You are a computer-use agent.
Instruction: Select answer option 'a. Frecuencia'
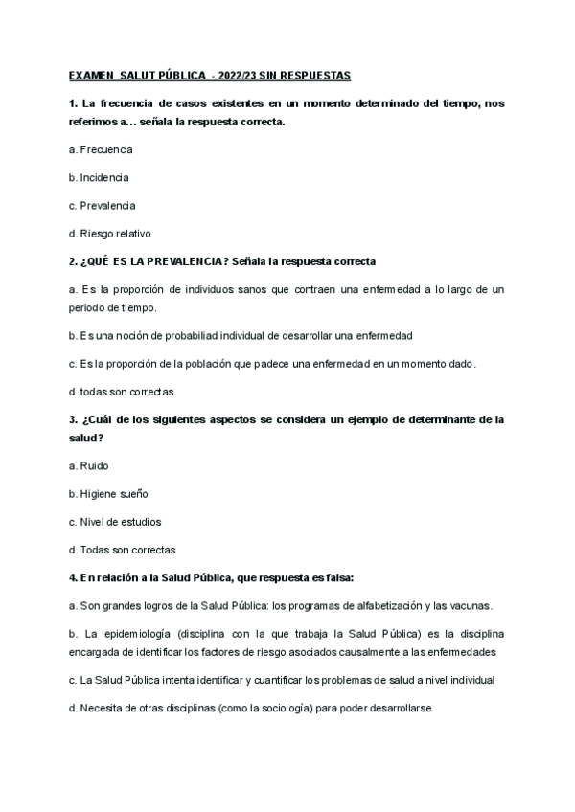(x=101, y=150)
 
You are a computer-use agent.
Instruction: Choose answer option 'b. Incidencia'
(x=99, y=177)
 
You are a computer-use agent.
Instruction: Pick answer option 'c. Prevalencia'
(x=102, y=205)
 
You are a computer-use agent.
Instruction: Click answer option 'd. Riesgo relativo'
(x=110, y=233)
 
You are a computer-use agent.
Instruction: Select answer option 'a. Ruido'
(x=89, y=466)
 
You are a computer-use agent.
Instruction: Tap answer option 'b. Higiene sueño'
(x=108, y=494)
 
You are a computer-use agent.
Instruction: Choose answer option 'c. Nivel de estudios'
(x=115, y=522)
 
